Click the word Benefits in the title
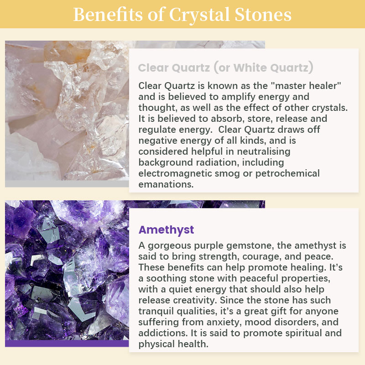click(x=108, y=15)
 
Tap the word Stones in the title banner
click(x=263, y=15)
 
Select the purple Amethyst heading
click(x=166, y=230)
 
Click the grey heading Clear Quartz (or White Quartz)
click(x=225, y=68)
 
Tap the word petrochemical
click(x=287, y=174)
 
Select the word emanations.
click(x=166, y=184)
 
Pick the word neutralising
click(x=264, y=151)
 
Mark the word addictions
click(x=163, y=333)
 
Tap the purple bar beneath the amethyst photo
click(x=67, y=344)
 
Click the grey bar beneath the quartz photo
click(x=67, y=184)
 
